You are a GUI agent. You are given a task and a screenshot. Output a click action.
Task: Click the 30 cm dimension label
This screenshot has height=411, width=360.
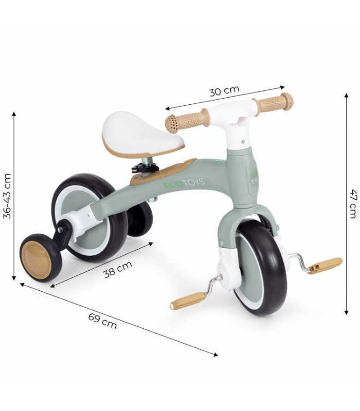224,91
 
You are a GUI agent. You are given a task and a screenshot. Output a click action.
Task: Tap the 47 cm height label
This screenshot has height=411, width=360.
353,203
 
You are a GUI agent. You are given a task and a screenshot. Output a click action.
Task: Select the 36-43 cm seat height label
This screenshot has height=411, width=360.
7,196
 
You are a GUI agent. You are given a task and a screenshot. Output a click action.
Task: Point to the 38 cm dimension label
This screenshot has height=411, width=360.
118,269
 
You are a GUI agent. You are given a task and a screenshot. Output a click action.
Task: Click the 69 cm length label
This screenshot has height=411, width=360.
102,321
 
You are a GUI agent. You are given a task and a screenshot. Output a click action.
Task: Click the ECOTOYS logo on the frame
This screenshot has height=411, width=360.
184,183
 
